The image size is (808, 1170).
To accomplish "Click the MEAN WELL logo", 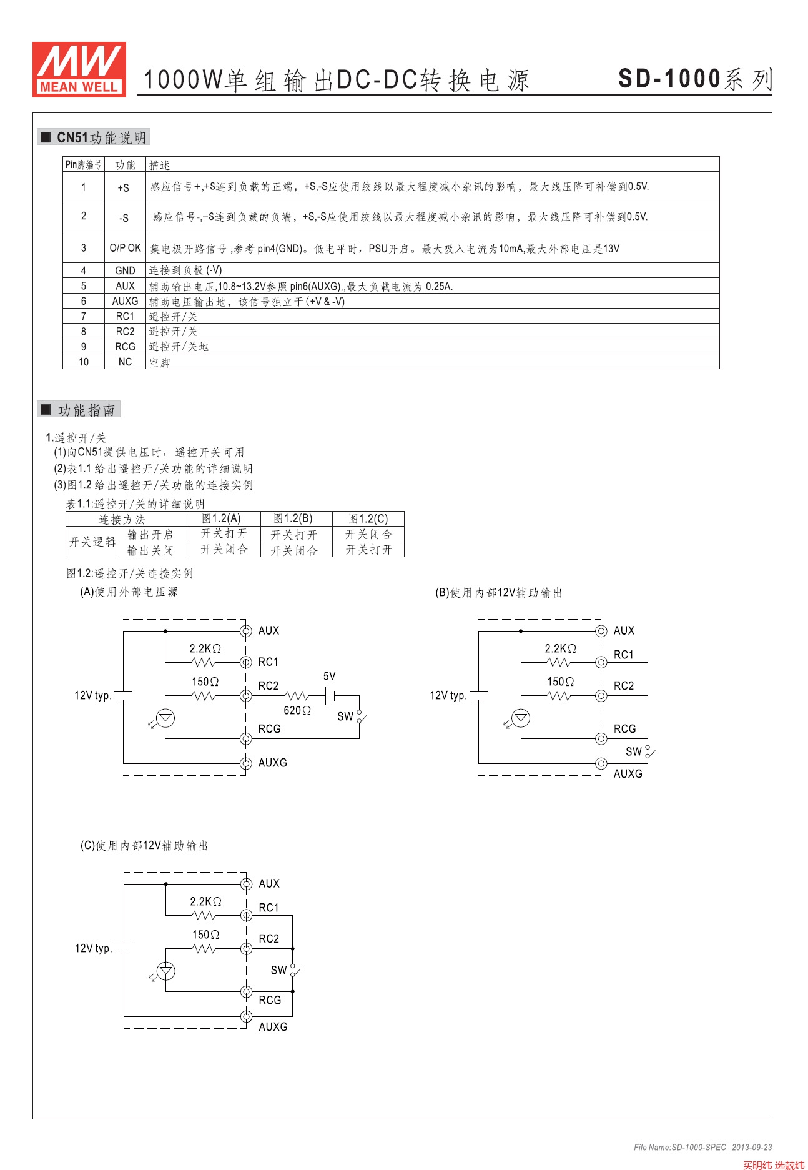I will (x=79, y=69).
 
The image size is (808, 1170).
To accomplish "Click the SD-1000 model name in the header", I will (x=669, y=79).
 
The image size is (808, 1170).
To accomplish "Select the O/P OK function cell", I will (x=125, y=248).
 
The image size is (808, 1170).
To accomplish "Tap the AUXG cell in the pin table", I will (x=125, y=301).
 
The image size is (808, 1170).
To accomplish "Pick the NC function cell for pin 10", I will (x=125, y=362).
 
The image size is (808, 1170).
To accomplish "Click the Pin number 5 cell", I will (x=84, y=286).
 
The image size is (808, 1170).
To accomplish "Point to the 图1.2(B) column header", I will (x=293, y=518).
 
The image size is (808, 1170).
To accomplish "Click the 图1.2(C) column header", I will (x=368, y=518).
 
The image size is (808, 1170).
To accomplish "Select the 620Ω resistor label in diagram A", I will (x=297, y=710).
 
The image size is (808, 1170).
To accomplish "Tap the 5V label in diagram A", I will (x=329, y=676).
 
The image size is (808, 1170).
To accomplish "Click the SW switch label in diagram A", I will (x=345, y=716).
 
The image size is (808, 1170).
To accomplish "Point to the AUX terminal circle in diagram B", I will (x=601, y=631).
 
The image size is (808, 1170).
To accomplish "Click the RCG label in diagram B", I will (x=624, y=729).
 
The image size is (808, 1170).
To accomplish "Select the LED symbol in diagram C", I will (x=165, y=971).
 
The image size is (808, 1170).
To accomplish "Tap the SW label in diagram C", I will (x=278, y=970).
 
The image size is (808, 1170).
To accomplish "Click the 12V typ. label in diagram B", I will (x=448, y=695).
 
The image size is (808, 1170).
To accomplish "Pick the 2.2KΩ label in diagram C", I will (x=205, y=901).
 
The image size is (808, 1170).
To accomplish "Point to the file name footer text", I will (x=702, y=1147).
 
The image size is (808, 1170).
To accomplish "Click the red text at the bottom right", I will (x=773, y=1164).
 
